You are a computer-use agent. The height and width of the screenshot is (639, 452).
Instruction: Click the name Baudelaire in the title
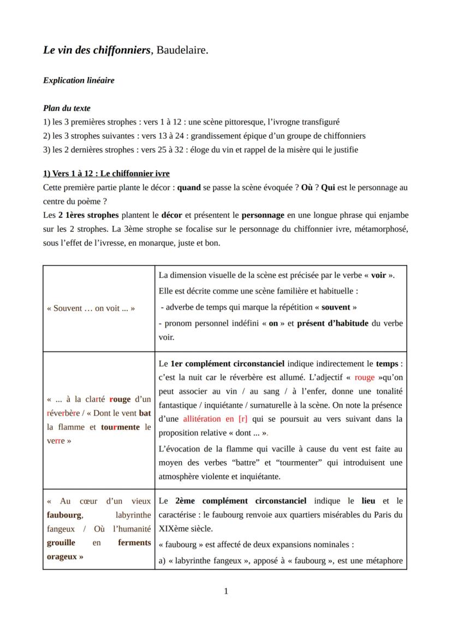(182, 50)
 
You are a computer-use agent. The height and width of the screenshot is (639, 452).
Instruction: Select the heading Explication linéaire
(79, 80)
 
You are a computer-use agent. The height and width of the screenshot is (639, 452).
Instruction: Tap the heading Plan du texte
(67, 108)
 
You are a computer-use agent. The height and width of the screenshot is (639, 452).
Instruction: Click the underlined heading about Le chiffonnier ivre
(106, 174)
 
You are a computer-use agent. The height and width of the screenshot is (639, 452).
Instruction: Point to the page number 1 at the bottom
(226, 591)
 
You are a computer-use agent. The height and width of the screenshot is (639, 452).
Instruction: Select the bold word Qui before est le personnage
(328, 188)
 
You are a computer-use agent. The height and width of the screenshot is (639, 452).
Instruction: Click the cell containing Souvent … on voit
(91, 308)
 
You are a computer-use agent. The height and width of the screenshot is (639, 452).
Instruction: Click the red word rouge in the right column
(365, 377)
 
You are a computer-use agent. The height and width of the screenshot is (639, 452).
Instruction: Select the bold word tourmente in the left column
(121, 427)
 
